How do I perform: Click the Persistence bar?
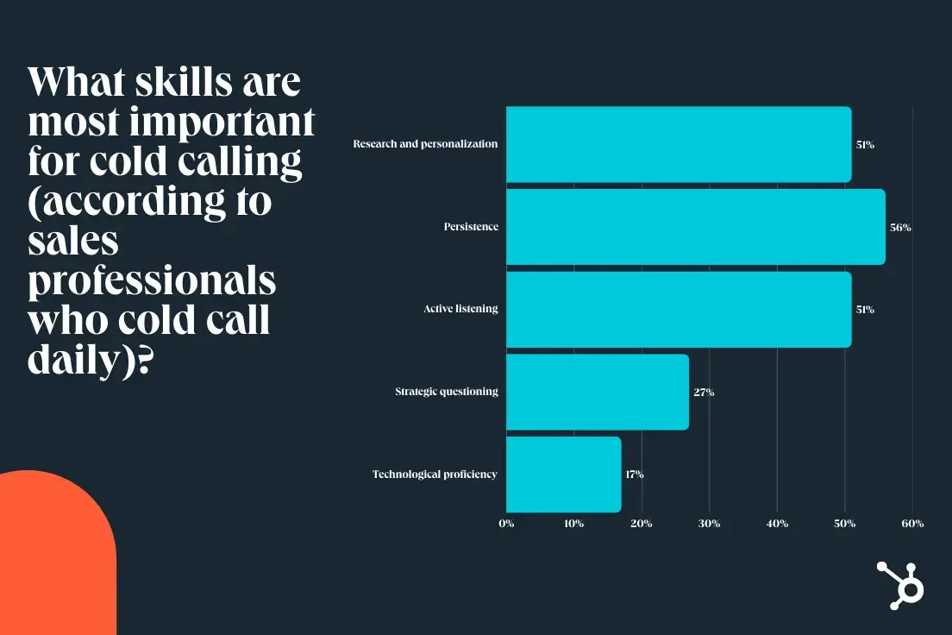point(695,227)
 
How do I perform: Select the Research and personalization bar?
point(679,144)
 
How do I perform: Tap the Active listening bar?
point(679,309)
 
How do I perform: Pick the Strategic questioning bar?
point(597,392)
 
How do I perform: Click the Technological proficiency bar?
point(563,475)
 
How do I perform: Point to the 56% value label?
point(900,228)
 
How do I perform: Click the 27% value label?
point(704,393)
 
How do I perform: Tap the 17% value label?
point(635,475)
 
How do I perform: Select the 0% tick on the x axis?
point(506,524)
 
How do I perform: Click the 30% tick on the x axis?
point(710,524)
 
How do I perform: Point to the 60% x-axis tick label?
point(912,524)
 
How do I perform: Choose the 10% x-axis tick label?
point(574,524)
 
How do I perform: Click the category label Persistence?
point(471,227)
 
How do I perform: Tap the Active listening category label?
point(460,309)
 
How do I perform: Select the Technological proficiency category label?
point(435,475)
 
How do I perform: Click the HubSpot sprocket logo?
point(900,585)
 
